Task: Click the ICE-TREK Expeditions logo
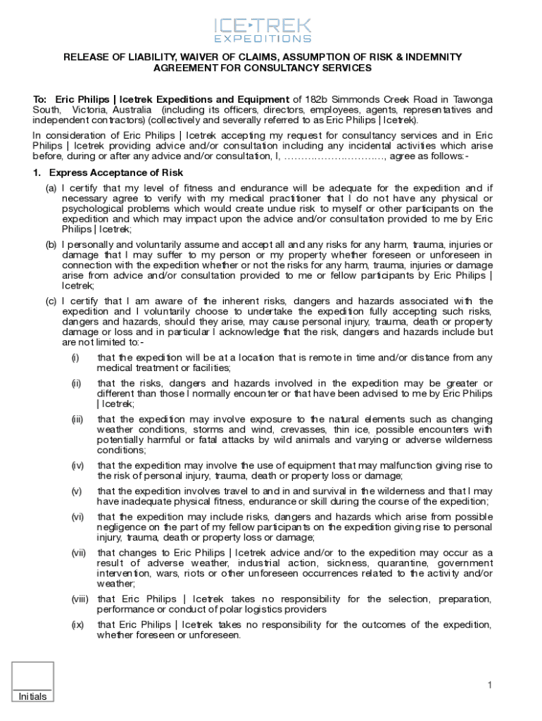(x=262, y=30)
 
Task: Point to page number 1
(x=489, y=685)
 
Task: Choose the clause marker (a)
(x=51, y=189)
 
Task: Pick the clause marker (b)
(x=51, y=245)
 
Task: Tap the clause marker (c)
(x=51, y=301)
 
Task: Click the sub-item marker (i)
(x=75, y=358)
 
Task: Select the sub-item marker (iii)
(x=77, y=420)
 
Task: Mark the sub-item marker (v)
(x=76, y=491)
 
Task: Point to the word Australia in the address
(x=130, y=111)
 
